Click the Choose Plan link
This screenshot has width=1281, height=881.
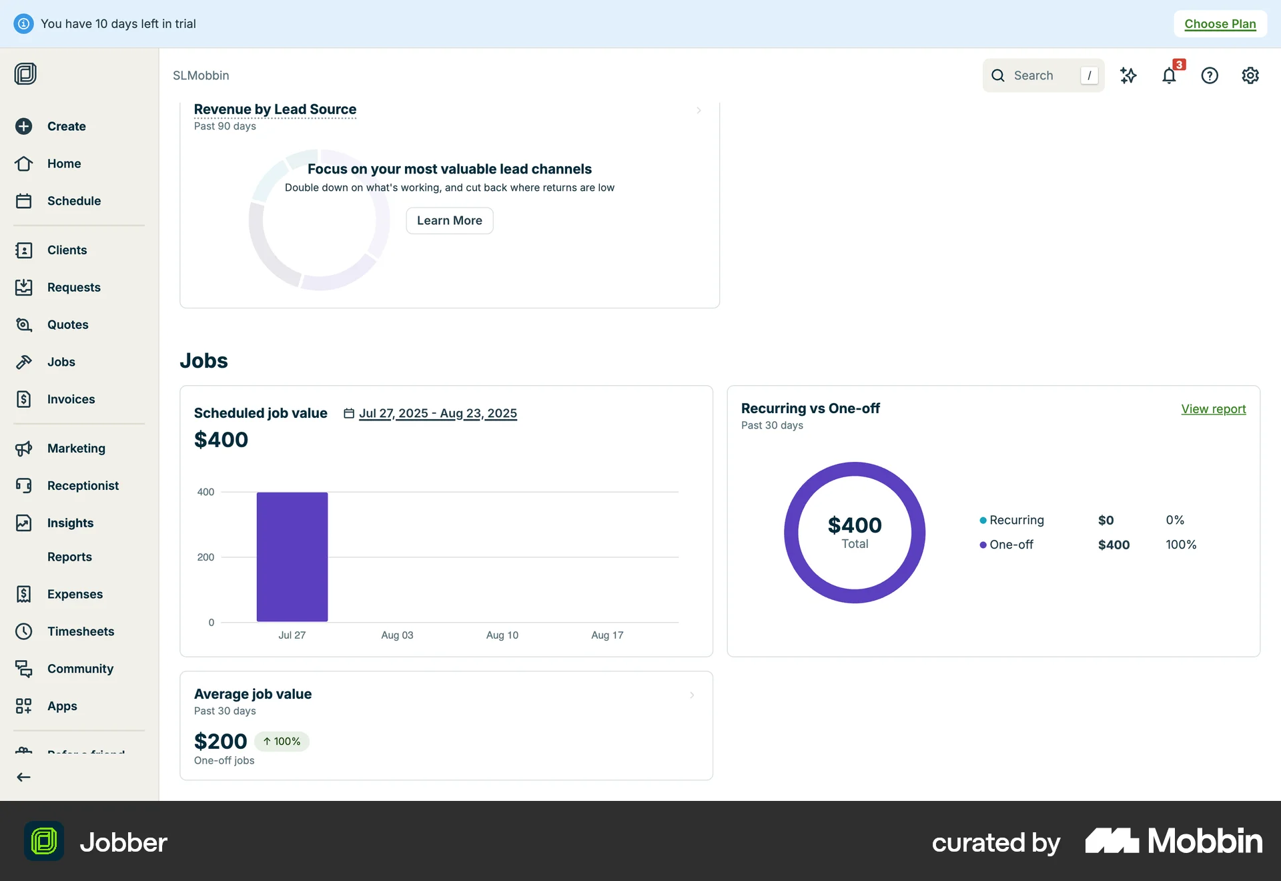coord(1220,24)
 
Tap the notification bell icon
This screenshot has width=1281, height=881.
coord(1169,75)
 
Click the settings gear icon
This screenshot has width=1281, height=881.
coord(1250,75)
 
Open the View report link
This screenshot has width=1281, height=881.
coord(1213,409)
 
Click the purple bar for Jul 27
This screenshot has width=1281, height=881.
coord(292,557)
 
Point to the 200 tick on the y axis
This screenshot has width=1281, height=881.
coord(205,557)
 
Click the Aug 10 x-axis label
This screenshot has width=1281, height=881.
coord(502,635)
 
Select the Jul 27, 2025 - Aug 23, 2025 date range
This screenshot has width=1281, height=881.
coord(438,413)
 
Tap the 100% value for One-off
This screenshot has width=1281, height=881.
coord(1181,545)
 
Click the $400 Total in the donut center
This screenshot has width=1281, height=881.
coord(855,532)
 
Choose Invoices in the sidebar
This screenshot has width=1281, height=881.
coord(71,399)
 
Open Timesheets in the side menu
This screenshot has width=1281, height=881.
coord(80,631)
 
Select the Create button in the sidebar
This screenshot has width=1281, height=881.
coord(66,126)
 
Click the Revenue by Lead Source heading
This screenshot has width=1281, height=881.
coord(275,109)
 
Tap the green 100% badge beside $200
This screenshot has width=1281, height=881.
coord(282,742)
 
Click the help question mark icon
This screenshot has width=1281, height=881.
coord(1210,75)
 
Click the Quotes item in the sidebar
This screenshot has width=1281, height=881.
coord(67,324)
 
